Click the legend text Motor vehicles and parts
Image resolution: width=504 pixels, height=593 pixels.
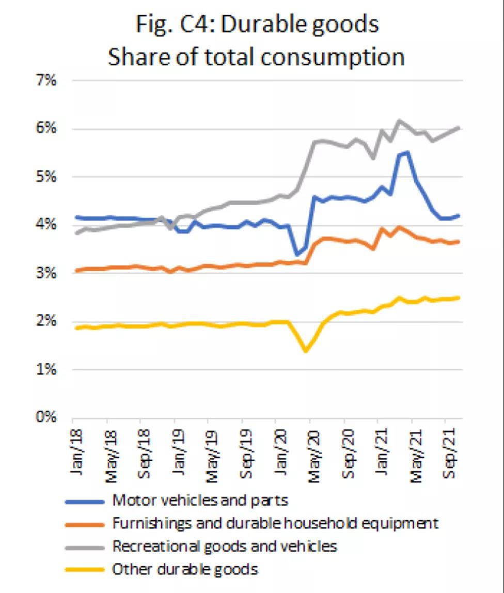click(x=200, y=500)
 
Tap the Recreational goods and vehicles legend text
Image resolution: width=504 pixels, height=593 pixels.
click(x=225, y=545)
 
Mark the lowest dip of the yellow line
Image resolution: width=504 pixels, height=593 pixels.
click(x=306, y=351)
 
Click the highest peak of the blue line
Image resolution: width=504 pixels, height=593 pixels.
click(x=407, y=152)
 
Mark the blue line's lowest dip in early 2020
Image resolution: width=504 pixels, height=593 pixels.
click(x=297, y=255)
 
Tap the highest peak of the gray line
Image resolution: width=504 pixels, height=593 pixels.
click(x=399, y=120)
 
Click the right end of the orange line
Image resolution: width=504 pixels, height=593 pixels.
click(x=459, y=241)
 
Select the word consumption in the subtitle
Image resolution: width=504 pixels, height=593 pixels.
click(x=333, y=57)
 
